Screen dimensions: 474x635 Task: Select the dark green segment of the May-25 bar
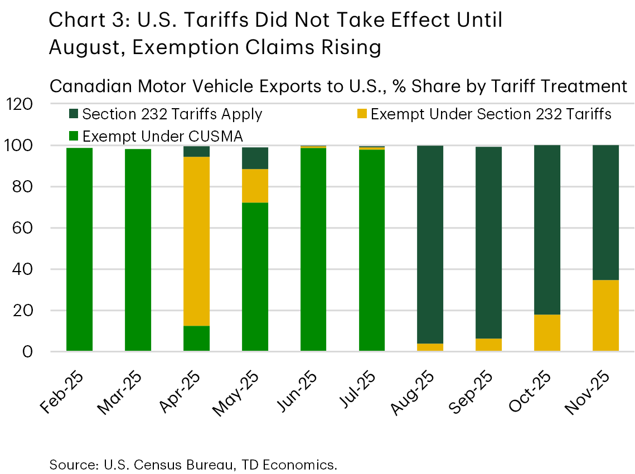click(255, 158)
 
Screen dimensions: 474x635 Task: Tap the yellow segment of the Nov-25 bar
click(605, 315)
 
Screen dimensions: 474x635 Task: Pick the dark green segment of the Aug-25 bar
click(430, 244)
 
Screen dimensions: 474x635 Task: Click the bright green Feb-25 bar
click(79, 249)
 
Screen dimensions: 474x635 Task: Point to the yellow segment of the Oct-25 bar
click(547, 332)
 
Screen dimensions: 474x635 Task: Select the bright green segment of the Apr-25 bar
click(196, 338)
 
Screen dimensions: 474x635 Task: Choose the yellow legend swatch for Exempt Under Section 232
click(361, 115)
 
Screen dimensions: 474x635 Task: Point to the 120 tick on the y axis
click(21, 104)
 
